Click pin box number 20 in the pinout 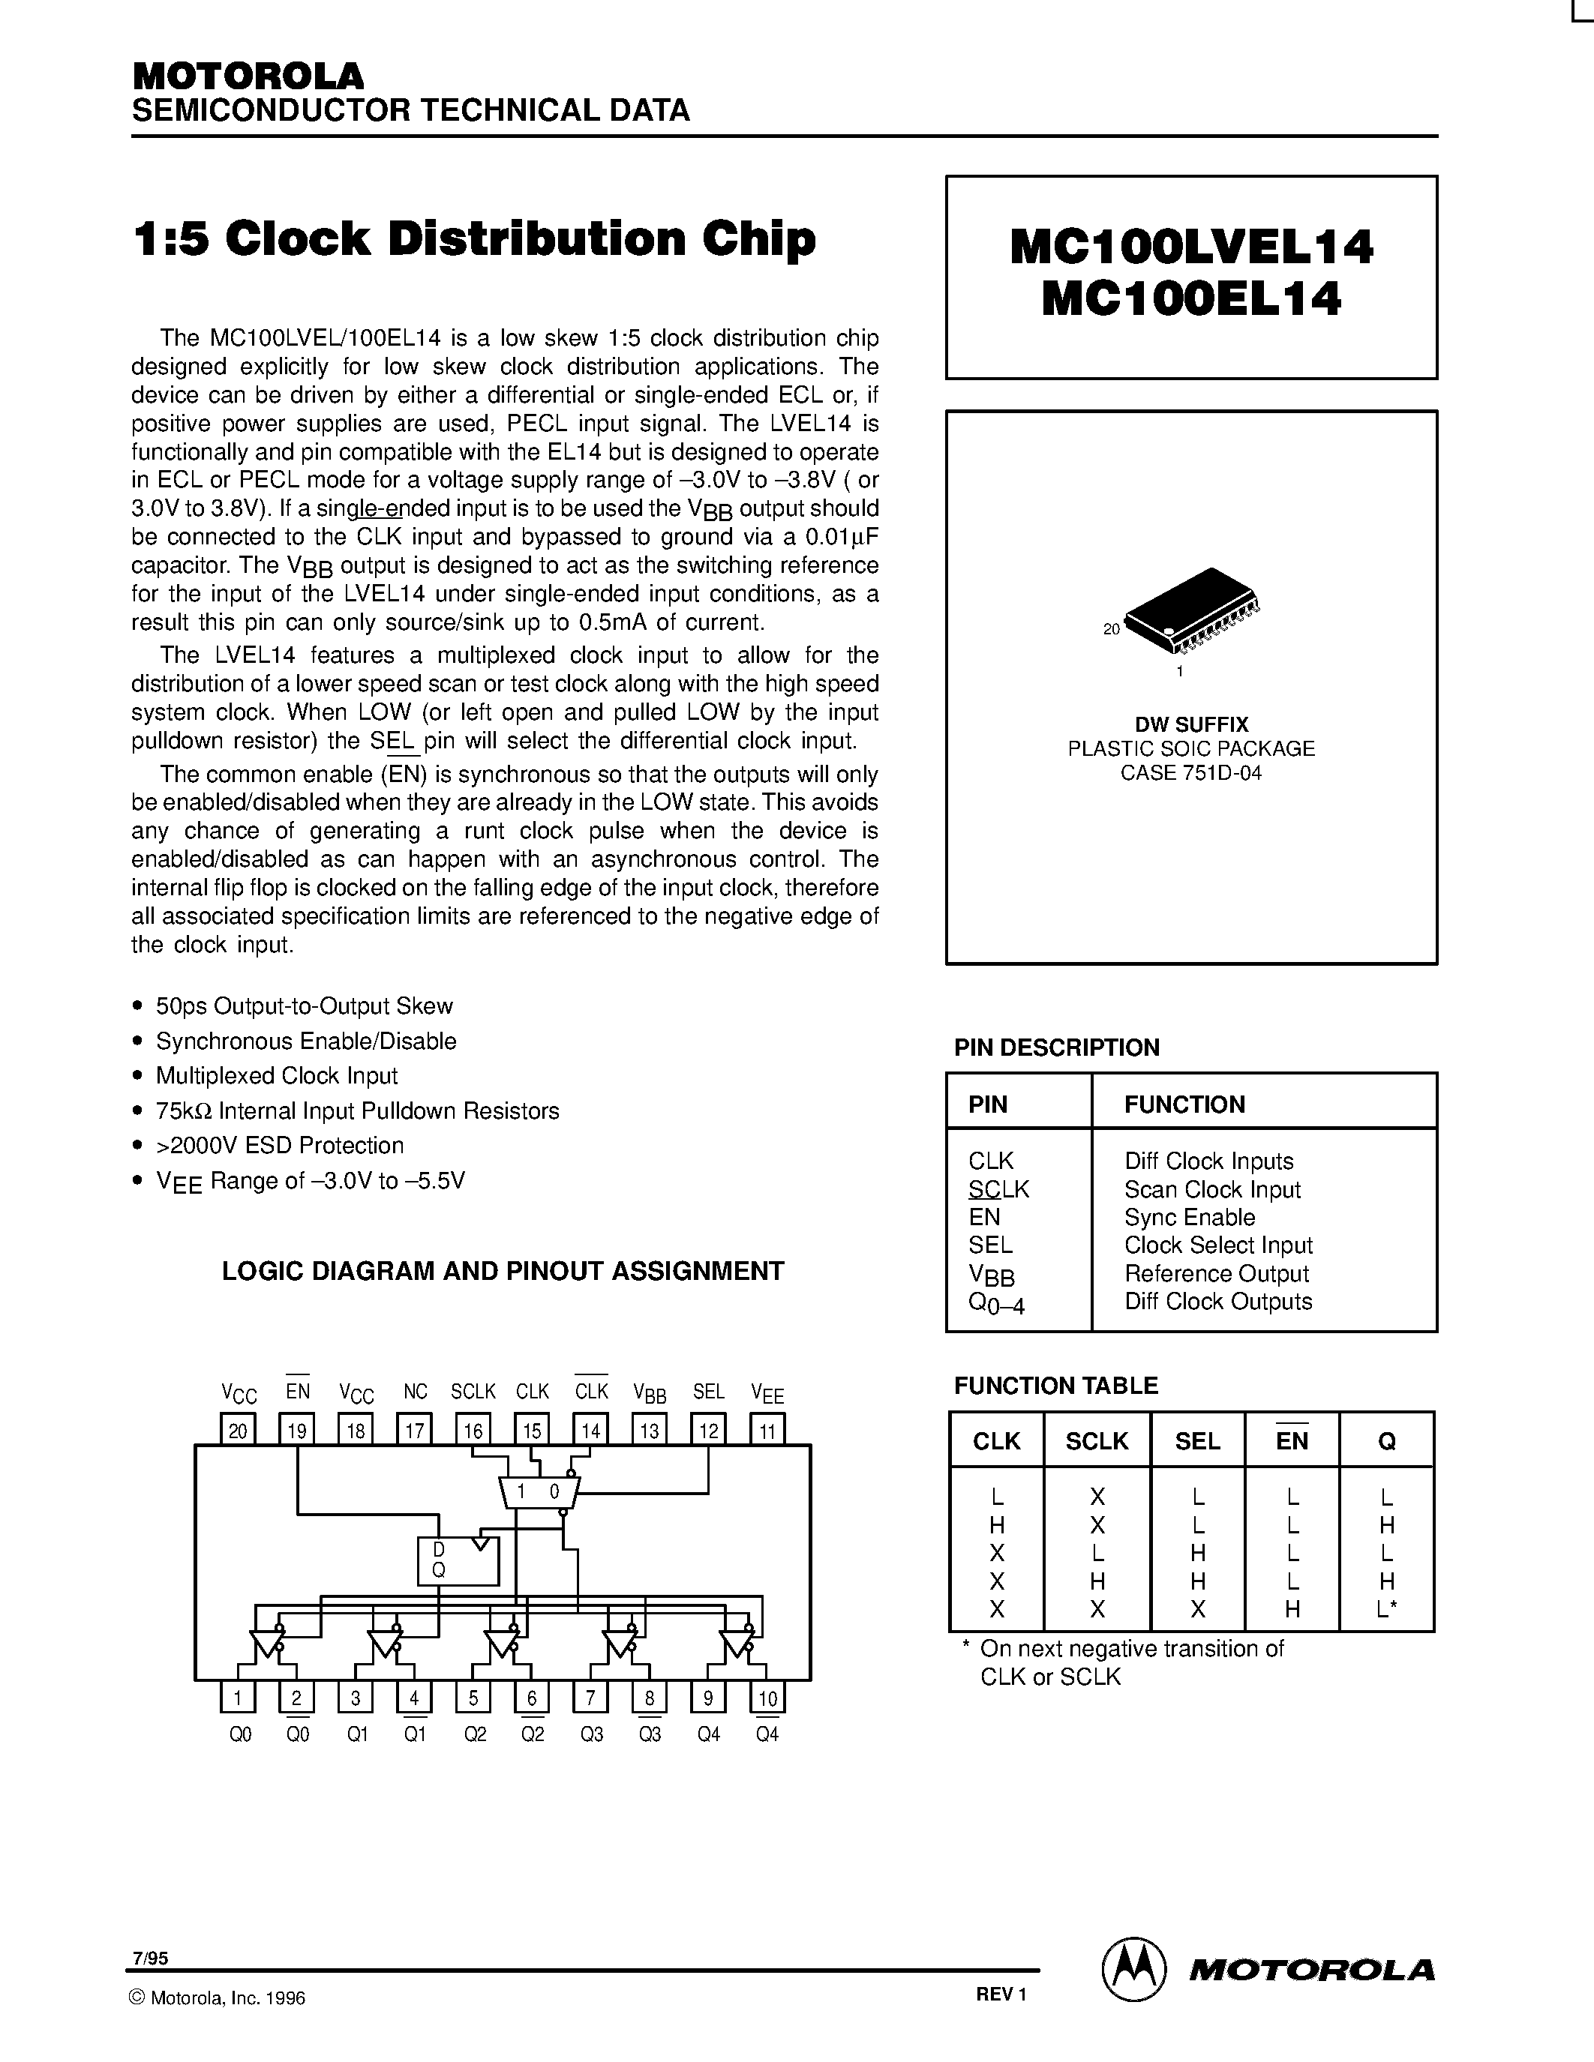[x=237, y=1431]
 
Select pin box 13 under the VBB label [x=650, y=1431]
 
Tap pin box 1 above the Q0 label [x=237, y=1698]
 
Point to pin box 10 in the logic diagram [x=767, y=1698]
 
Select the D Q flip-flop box [x=458, y=1560]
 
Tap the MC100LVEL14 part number [x=1192, y=248]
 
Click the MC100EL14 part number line [x=1192, y=300]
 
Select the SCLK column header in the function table [x=1097, y=1440]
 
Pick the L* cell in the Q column [x=1386, y=1610]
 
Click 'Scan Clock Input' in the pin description [x=1212, y=1190]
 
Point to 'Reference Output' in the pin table [x=1216, y=1274]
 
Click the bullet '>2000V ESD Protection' [x=280, y=1145]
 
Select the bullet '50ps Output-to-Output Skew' [x=304, y=1006]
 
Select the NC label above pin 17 [x=416, y=1392]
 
